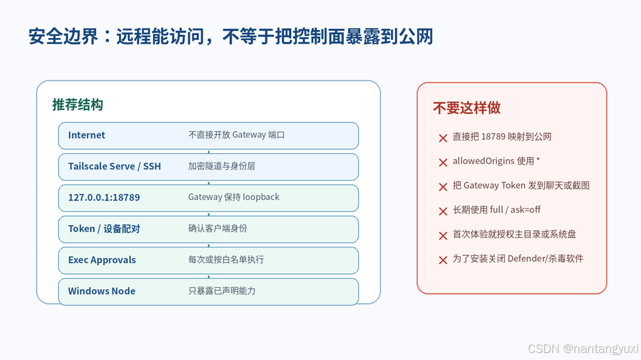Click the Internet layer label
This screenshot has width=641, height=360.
pos(86,135)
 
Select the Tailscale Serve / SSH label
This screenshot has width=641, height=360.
pos(115,166)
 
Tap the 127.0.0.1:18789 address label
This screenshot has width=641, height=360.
pos(104,197)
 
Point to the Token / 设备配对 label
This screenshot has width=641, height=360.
pos(104,229)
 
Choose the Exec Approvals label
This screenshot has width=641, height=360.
pos(102,260)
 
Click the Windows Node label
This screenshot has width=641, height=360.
pos(101,291)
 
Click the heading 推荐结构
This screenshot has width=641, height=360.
pos(77,104)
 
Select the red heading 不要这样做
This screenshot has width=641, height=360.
pos(466,108)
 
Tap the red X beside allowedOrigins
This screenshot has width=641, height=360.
pos(443,163)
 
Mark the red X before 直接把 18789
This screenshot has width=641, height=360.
pos(443,138)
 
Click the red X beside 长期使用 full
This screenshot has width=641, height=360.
pos(443,211)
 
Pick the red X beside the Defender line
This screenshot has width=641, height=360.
pos(443,260)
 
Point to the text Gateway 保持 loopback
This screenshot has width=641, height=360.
pos(234,197)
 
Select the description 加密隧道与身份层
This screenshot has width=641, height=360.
pos(221,166)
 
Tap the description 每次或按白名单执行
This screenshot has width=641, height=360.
pos(226,259)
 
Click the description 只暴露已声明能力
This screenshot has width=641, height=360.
pos(221,291)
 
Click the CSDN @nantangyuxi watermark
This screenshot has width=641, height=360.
pos(583,349)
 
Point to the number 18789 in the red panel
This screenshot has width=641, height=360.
pos(494,137)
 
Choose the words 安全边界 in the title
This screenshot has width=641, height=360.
pos(63,36)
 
